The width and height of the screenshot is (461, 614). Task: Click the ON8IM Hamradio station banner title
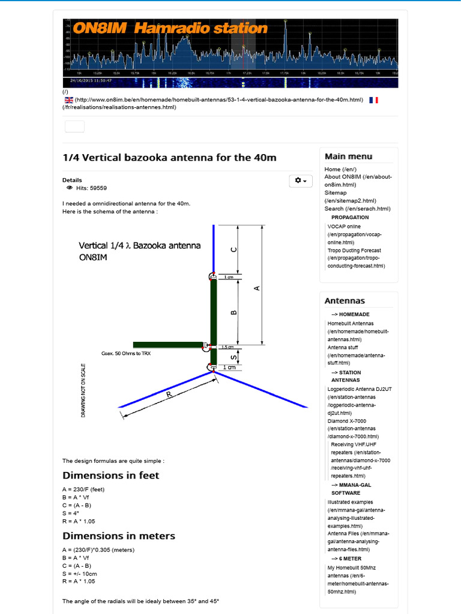(170, 28)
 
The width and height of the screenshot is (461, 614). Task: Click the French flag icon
(373, 100)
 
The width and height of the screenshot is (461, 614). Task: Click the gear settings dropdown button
(300, 180)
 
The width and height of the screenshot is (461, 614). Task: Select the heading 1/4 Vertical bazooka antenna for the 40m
(170, 158)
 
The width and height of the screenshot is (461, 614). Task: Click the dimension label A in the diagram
(257, 288)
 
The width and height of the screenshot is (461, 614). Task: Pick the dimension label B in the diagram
(234, 312)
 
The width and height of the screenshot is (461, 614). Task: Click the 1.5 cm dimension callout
(227, 347)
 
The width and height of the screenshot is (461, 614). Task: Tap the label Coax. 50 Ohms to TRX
(126, 354)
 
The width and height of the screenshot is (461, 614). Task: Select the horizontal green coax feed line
(168, 345)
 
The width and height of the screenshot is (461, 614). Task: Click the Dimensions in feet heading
(111, 475)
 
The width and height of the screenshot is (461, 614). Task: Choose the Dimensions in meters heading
(119, 535)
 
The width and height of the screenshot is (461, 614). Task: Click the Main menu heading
(348, 156)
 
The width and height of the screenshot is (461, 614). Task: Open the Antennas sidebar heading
(345, 301)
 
